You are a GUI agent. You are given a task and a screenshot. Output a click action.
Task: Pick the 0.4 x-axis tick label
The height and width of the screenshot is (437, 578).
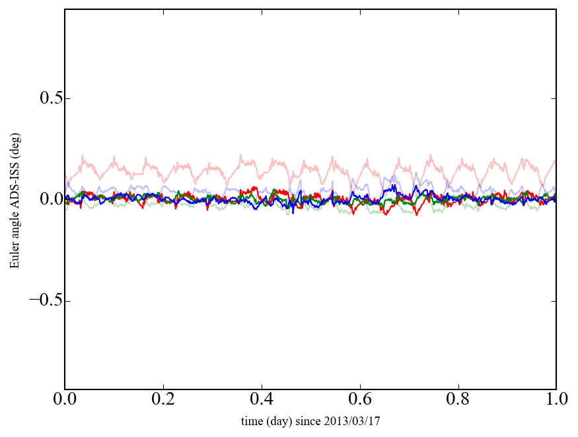pos(262,401)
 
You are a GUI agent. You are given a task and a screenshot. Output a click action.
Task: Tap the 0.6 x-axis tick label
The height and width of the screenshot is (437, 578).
pos(359,401)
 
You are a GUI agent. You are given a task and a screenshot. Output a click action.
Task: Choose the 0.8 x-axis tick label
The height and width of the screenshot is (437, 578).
pos(458,401)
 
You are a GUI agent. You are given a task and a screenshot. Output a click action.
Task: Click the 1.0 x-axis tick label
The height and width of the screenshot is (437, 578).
pos(556,401)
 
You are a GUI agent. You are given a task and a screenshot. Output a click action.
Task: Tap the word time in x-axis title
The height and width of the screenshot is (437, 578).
pos(250,420)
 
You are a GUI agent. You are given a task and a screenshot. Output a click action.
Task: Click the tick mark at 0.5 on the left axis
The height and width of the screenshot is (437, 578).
pos(67,98)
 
